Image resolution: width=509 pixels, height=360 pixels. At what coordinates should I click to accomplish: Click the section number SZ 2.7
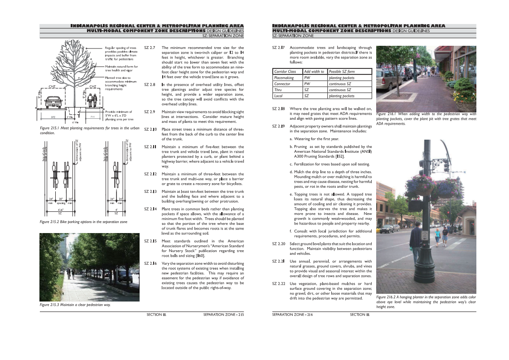150,48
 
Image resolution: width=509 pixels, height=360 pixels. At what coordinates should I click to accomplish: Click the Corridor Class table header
285,72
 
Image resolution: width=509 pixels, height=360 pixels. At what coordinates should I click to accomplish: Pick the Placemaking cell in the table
284,78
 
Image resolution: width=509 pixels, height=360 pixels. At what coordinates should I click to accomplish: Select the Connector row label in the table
282,84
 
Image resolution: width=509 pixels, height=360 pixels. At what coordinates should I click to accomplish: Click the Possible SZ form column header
342,72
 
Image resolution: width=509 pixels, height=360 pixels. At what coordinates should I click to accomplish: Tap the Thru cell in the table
278,90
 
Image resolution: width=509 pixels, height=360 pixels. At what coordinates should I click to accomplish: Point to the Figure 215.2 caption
83,222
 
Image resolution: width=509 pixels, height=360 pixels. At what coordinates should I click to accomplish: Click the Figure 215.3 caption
75,305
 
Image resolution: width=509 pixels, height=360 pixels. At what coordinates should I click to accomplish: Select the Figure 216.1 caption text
426,119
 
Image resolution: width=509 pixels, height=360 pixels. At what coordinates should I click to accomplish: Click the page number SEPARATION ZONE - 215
224,314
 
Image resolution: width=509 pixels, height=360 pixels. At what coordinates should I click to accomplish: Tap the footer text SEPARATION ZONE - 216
292,314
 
